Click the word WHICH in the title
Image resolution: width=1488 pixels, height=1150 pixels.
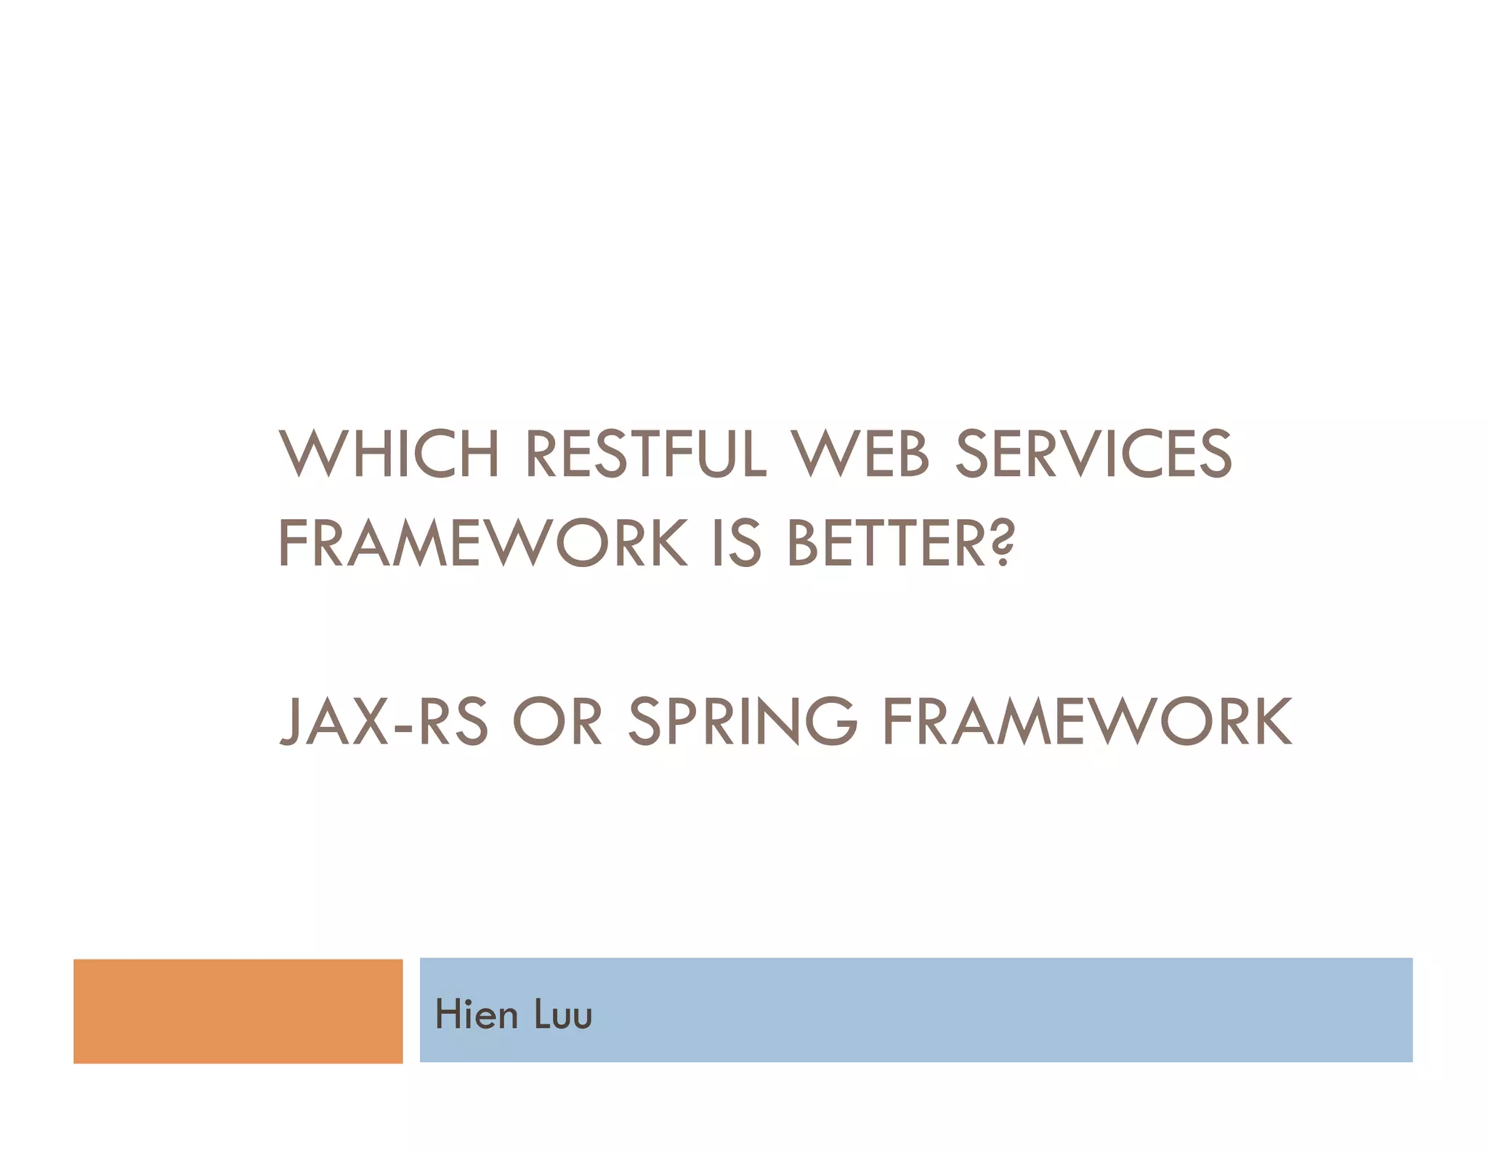pos(389,454)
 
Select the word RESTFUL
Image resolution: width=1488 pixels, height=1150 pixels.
pos(645,454)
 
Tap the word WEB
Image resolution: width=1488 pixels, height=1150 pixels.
pos(860,454)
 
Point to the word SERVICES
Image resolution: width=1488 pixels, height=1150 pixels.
pos(1093,454)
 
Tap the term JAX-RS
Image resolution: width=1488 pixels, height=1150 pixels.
pos(384,721)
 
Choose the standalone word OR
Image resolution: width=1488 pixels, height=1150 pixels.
pos(557,721)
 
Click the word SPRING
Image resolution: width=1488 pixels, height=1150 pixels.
pos(743,721)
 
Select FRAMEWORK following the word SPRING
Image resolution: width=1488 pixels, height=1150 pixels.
pos(1087,721)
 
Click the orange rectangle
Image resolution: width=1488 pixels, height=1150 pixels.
pos(238,1011)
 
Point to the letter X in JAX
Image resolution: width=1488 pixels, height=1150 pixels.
pos(368,721)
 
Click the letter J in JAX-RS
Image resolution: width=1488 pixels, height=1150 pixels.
pos(291,721)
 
